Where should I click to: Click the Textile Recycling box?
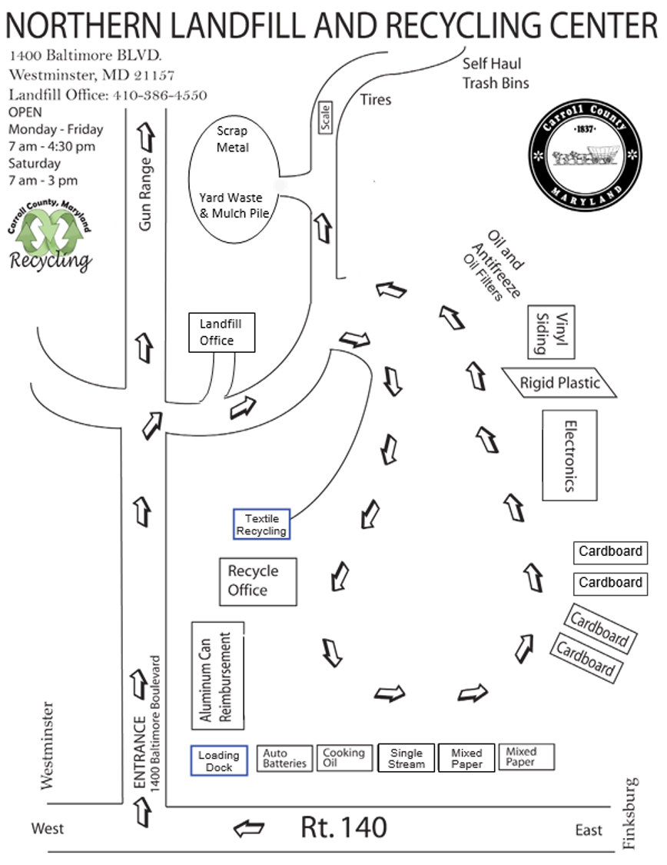pos(261,524)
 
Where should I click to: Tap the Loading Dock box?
pos(219,760)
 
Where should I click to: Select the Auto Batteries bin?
pos(284,759)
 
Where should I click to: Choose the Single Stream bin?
pos(406,758)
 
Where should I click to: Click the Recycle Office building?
pos(257,581)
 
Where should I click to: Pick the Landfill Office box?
pos(221,332)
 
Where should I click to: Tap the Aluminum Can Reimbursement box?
pos(217,675)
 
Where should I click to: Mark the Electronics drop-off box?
pos(569,454)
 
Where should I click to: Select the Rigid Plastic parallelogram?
pos(559,382)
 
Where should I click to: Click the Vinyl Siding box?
pos(551,331)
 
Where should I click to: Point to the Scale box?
pos(326,118)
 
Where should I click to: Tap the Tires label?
pos(376,100)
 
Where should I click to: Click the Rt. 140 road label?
pos(343,827)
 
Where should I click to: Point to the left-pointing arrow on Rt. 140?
pos(248,829)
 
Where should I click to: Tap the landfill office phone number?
pos(160,95)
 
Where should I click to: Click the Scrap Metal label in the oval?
pos(232,139)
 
